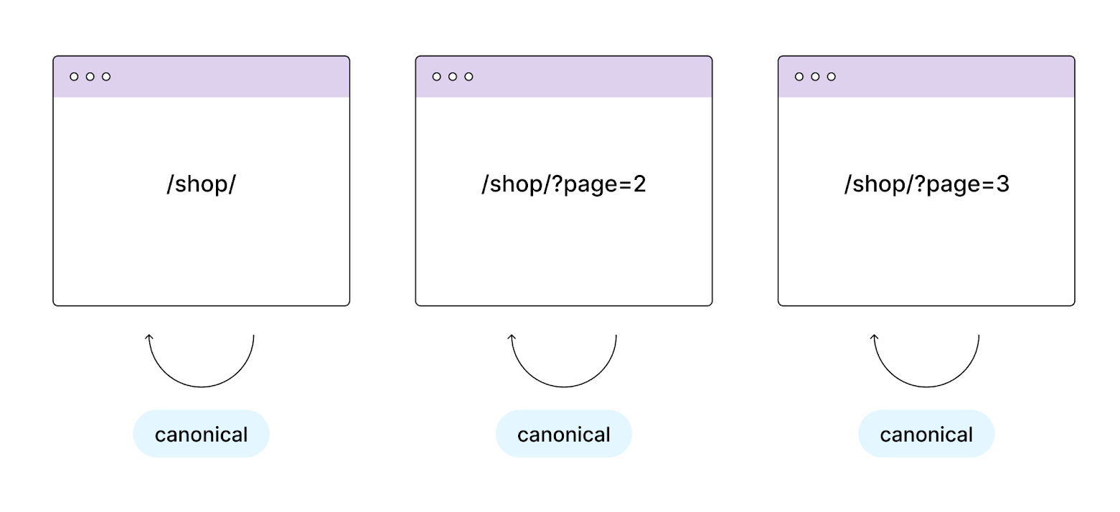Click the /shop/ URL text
201,184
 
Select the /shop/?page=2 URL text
563,184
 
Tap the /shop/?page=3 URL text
926,184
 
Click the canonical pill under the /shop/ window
201,434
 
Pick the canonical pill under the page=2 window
563,434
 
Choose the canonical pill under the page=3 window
926,434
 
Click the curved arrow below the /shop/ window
201,386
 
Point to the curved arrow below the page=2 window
563,386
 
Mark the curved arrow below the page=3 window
926,386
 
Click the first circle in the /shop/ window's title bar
74,77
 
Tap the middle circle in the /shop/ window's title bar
90,77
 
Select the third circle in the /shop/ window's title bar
106,77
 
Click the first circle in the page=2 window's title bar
437,77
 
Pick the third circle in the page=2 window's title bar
469,77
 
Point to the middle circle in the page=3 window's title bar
815,77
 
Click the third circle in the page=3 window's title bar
832,77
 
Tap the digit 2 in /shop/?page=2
639,184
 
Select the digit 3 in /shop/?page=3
1002,184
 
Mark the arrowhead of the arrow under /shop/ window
149,337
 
